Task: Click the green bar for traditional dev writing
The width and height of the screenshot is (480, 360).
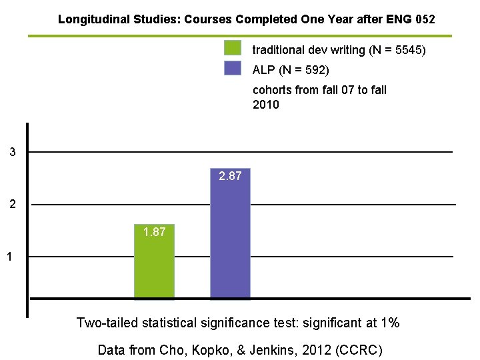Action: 154,267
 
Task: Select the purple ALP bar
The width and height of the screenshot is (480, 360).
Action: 230,240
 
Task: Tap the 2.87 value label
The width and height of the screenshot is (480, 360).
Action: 231,177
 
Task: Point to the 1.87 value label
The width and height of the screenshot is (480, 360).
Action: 155,232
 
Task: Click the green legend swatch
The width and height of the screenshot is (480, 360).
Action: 233,48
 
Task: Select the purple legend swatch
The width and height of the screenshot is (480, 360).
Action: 233,69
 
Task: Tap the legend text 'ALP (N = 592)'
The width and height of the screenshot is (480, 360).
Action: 291,70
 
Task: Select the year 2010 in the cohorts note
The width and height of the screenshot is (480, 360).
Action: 266,105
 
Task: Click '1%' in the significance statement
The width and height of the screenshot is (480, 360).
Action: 389,323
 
